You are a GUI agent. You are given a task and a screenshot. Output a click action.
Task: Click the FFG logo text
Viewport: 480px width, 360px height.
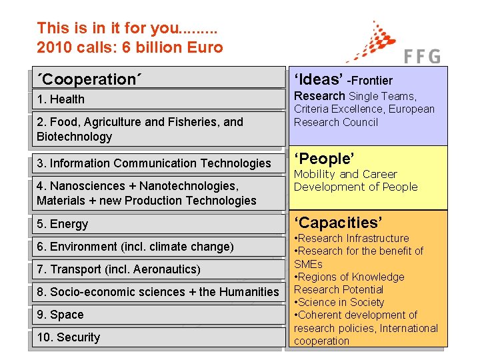pyautogui.click(x=423, y=57)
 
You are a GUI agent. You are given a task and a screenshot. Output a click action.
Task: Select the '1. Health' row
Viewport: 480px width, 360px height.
pyautogui.click(x=61, y=99)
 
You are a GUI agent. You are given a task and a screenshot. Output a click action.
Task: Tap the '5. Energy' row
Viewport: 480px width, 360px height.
pyautogui.click(x=63, y=224)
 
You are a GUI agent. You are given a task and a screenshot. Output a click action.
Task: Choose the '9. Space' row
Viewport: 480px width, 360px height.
pyautogui.click(x=61, y=315)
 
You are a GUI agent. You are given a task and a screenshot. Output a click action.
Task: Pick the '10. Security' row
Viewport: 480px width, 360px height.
pyautogui.click(x=68, y=337)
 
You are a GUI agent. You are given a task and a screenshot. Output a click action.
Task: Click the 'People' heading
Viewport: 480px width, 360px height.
pyautogui.click(x=324, y=159)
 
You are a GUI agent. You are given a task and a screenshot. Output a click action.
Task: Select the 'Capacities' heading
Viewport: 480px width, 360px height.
pyautogui.click(x=337, y=222)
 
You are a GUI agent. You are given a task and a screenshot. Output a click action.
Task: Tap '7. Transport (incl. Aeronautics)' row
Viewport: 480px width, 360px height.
pyautogui.click(x=118, y=269)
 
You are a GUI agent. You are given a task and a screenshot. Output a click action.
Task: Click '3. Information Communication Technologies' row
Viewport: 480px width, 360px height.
pyautogui.click(x=154, y=163)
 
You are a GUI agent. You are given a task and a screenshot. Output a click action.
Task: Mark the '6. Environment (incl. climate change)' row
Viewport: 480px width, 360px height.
pyautogui.click(x=135, y=247)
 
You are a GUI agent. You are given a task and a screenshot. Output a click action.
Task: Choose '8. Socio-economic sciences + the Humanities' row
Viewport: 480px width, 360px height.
pyautogui.click(x=158, y=292)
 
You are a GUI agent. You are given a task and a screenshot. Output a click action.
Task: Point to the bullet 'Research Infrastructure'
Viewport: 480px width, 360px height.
pyautogui.click(x=353, y=238)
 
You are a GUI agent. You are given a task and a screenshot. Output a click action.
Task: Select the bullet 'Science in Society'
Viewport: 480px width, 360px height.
pyautogui.click(x=341, y=302)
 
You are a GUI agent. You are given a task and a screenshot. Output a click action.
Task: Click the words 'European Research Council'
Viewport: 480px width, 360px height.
pyautogui.click(x=363, y=116)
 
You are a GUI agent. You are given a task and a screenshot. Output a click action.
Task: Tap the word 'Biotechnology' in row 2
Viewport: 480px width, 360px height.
pyautogui.click(x=75, y=137)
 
